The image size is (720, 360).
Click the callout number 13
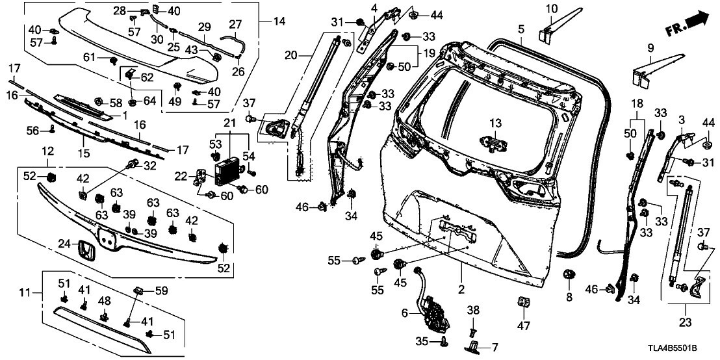coord(496,123)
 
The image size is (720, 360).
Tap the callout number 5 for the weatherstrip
coord(521,29)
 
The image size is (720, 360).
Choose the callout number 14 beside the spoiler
coord(279,21)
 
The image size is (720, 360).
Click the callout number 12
coord(47,151)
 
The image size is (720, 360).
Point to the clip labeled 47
coord(524,303)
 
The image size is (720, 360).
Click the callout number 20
coord(290,55)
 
